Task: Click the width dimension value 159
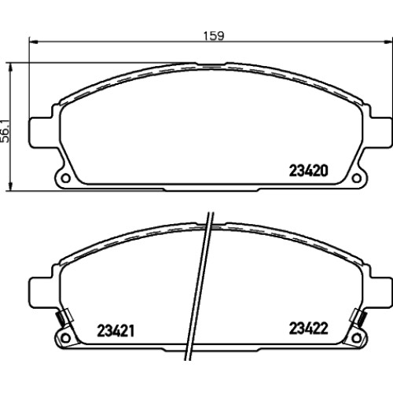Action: coord(214,36)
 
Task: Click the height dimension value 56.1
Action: coord(6,131)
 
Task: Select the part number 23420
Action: coord(308,171)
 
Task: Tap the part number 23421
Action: coord(116,331)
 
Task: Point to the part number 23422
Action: coord(308,329)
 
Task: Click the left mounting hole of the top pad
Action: coord(65,178)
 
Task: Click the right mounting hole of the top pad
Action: coord(356,178)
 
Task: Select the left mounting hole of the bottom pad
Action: coord(65,338)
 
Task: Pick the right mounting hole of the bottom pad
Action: coord(356,338)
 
